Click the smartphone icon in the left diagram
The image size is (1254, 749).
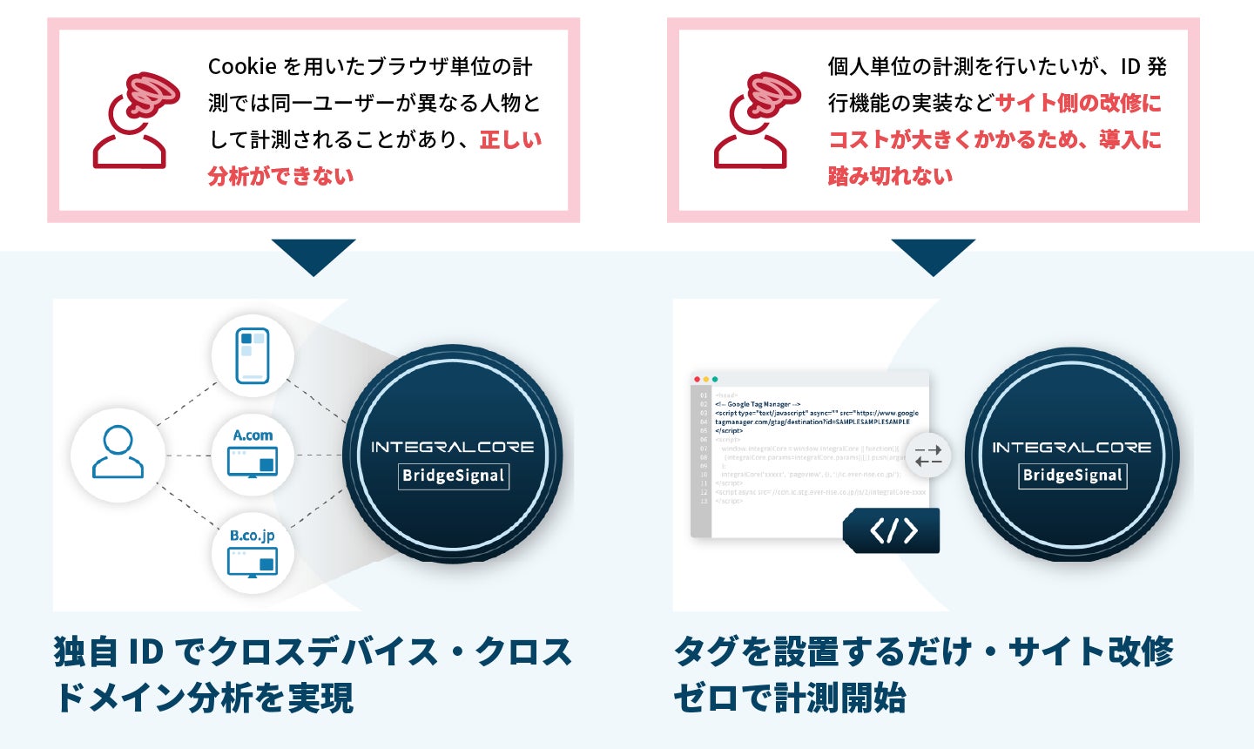[253, 355]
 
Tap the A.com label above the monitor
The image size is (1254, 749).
[253, 435]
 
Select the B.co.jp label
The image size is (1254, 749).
[253, 536]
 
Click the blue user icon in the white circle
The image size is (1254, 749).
[118, 453]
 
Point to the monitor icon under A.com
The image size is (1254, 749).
[253, 462]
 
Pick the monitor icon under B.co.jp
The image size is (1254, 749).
[253, 563]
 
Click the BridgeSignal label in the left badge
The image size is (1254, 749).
[453, 476]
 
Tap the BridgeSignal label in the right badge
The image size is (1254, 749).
[1073, 476]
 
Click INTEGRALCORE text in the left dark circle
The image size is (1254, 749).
[453, 447]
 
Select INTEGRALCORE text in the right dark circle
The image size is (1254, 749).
[1072, 447]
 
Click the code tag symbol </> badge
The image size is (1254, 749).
[893, 530]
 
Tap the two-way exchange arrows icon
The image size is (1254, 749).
[928, 455]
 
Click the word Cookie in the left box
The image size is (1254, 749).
[242, 67]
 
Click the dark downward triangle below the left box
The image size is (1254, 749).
[313, 254]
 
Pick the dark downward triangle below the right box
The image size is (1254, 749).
[934, 254]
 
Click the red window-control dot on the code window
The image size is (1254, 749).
[697, 380]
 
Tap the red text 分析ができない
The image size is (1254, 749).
[281, 176]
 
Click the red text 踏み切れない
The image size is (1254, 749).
[890, 176]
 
